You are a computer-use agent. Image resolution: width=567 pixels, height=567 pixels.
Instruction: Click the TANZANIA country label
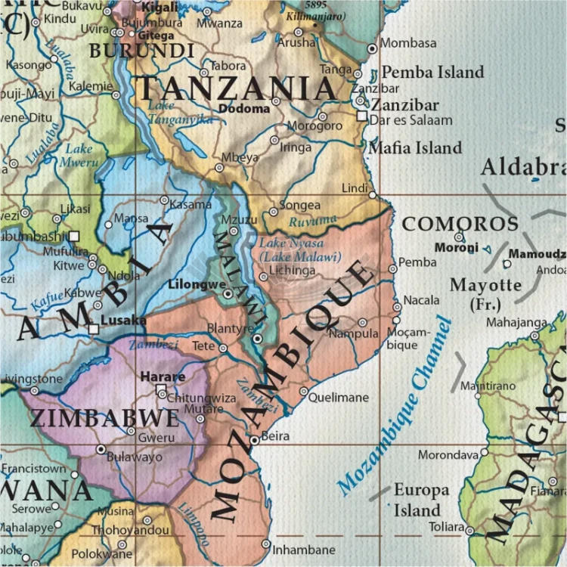point(237,88)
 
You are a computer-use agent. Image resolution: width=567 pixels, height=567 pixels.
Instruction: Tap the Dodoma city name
point(243,108)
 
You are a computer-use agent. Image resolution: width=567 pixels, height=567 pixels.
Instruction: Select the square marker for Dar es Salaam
point(362,116)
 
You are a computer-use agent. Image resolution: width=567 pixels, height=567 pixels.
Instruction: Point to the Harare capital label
point(163,376)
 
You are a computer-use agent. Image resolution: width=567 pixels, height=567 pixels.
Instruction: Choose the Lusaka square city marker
point(93,330)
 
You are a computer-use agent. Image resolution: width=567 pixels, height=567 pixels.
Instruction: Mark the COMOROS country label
point(460,224)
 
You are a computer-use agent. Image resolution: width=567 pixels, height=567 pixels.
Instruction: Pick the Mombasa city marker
point(372,48)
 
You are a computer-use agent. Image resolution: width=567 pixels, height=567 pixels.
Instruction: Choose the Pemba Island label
point(432,73)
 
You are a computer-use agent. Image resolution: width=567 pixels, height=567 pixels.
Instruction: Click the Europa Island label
point(421,499)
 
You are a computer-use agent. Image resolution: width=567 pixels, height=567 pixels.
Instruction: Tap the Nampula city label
point(353,333)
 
